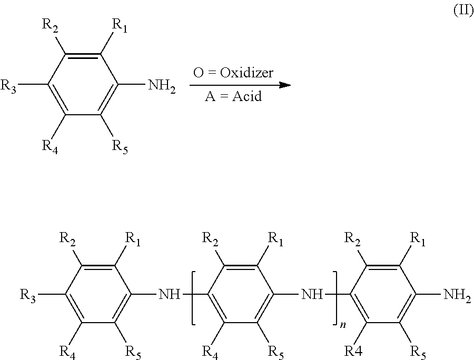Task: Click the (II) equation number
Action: click(x=463, y=11)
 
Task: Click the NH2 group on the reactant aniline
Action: click(x=162, y=86)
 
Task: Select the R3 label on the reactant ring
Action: click(x=8, y=86)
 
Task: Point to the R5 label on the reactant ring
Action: click(x=120, y=146)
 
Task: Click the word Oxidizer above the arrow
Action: click(x=246, y=73)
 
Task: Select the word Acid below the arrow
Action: click(x=246, y=96)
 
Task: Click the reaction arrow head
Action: click(x=285, y=85)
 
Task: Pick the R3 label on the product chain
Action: click(x=27, y=295)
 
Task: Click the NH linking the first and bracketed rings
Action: click(x=169, y=294)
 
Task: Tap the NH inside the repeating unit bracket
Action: click(x=312, y=294)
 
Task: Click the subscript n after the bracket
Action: click(x=343, y=325)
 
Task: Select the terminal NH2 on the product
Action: click(x=457, y=295)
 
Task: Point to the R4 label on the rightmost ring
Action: click(x=353, y=351)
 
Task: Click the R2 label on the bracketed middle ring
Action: click(x=210, y=239)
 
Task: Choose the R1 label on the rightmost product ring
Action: click(x=418, y=239)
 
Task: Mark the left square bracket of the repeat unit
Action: click(x=193, y=298)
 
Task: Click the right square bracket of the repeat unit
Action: click(x=335, y=298)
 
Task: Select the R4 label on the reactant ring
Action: click(x=50, y=146)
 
